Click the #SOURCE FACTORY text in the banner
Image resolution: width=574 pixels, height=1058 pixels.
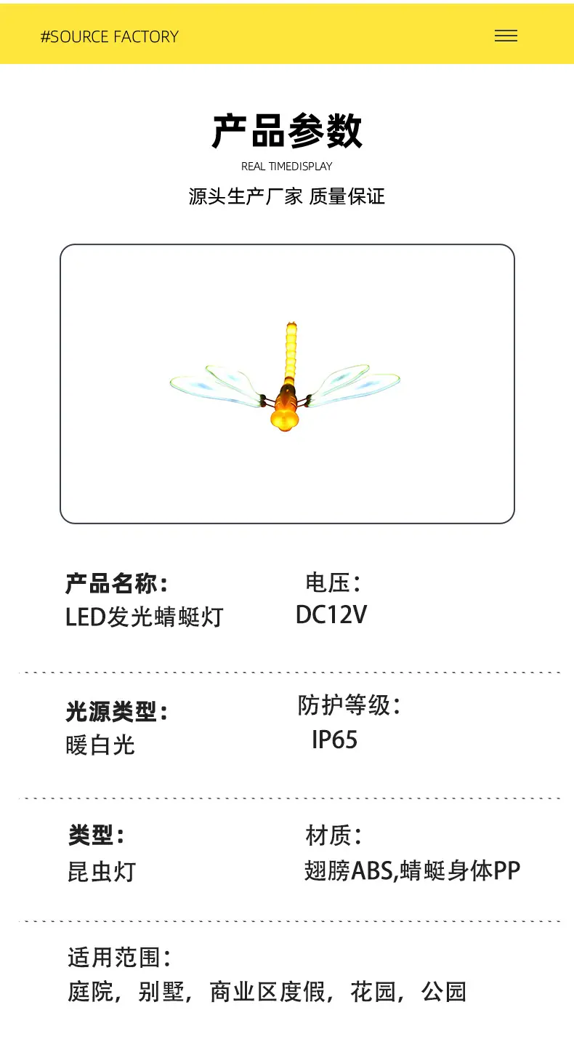(110, 36)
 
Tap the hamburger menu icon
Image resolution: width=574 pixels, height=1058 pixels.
(506, 36)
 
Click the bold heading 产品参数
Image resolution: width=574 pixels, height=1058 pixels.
(287, 131)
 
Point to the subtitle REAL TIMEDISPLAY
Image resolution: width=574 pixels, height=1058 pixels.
(286, 167)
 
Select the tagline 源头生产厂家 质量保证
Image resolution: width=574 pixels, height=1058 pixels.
(286, 196)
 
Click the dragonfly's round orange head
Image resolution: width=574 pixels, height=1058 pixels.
(285, 419)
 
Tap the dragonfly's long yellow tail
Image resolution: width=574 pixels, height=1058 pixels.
(291, 352)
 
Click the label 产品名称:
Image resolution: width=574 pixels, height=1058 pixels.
(116, 583)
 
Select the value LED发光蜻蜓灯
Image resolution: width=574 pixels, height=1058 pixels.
(144, 617)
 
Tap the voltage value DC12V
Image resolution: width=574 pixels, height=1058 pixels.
(331, 615)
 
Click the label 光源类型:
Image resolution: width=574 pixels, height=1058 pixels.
(116, 711)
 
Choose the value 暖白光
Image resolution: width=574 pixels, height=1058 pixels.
(100, 745)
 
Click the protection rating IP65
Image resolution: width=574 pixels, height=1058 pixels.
(334, 740)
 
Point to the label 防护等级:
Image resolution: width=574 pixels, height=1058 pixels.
(349, 705)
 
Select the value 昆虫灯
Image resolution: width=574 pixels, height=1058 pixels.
(102, 871)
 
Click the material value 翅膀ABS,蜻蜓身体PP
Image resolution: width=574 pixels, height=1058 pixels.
(412, 870)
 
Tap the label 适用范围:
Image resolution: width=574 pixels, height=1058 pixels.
(119, 958)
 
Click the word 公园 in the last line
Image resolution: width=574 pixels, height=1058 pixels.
(444, 991)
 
